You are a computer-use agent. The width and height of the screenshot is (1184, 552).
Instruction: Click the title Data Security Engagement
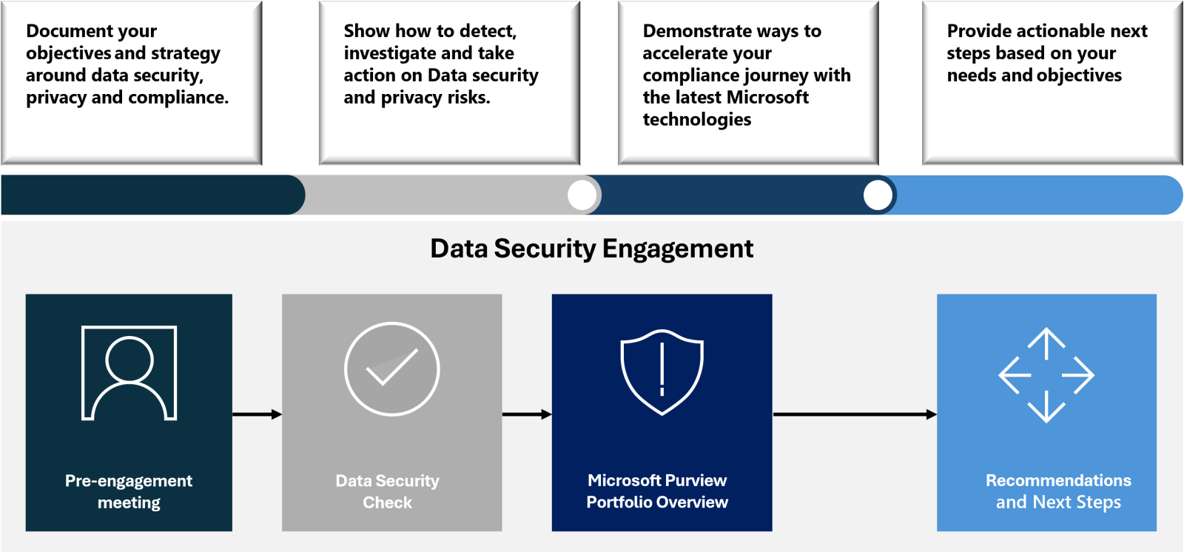(591, 249)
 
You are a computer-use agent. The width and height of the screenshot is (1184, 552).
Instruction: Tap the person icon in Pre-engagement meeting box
(129, 373)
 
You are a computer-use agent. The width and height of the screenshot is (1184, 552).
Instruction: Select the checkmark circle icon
(392, 368)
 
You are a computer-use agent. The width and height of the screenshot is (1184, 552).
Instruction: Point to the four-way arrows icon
(1046, 375)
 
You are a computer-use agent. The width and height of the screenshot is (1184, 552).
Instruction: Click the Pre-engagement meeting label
(129, 491)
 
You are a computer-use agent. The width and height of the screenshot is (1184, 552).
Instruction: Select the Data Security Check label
(388, 491)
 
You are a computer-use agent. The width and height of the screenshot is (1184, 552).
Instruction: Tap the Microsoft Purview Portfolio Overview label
(657, 491)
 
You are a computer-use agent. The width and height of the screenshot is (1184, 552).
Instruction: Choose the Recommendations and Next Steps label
(1058, 491)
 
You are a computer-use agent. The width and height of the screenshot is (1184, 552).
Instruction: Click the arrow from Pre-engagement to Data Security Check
(257, 414)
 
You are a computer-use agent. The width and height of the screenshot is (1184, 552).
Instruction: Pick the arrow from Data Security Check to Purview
(527, 414)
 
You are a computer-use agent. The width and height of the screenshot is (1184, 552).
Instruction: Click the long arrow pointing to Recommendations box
(855, 414)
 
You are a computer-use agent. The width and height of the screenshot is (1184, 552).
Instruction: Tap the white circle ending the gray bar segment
(582, 195)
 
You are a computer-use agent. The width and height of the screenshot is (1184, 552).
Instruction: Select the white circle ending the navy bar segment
(878, 195)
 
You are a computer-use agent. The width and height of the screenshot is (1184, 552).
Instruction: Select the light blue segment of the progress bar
(1036, 195)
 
